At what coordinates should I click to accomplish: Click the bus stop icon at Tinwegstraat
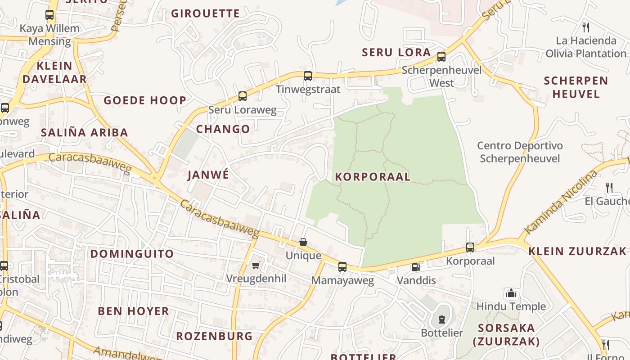(x=308, y=76)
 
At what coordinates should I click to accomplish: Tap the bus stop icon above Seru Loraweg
(x=243, y=96)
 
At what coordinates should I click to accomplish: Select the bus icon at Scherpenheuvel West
(x=441, y=57)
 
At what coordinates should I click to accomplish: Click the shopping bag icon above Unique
(x=304, y=242)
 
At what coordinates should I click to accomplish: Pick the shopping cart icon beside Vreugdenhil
(x=256, y=265)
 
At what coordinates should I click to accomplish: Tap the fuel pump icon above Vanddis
(x=415, y=267)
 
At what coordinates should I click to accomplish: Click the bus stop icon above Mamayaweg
(x=342, y=267)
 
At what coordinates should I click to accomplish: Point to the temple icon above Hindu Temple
(x=511, y=293)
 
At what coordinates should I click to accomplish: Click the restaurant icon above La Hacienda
(x=585, y=27)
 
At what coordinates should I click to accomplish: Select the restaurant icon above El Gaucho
(x=609, y=187)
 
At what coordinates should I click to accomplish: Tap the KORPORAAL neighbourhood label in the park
(x=373, y=176)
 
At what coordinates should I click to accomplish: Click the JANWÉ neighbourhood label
(x=208, y=175)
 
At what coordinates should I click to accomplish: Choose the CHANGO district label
(x=223, y=129)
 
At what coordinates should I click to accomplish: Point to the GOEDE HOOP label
(x=145, y=100)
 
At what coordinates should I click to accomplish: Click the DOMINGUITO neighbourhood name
(x=132, y=254)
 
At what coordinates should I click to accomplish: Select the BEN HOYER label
(x=133, y=311)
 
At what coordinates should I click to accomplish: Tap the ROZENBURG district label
(x=214, y=336)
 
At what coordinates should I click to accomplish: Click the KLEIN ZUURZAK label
(x=577, y=251)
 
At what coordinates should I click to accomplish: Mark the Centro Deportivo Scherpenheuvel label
(x=520, y=152)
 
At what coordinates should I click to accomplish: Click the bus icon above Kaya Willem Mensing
(x=49, y=15)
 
